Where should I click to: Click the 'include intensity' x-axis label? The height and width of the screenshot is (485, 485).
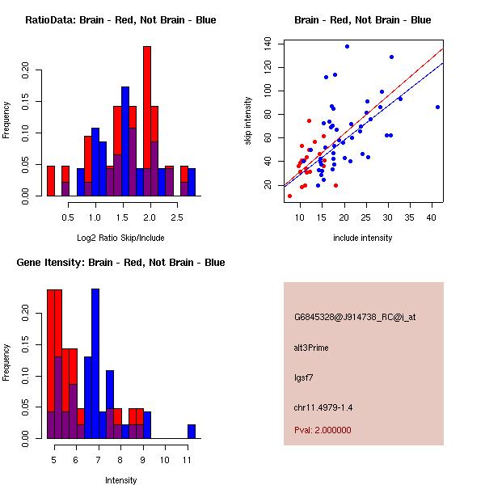(x=362, y=238)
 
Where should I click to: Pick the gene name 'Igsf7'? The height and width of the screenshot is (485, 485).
(x=303, y=377)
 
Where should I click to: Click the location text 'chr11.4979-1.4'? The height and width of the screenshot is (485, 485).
(x=323, y=407)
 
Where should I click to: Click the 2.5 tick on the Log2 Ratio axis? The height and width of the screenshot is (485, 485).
(x=178, y=217)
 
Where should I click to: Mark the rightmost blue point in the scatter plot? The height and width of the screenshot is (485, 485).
(x=437, y=107)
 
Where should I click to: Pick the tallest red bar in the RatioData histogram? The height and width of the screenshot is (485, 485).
(x=147, y=121)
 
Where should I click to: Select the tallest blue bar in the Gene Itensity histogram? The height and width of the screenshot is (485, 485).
(x=95, y=364)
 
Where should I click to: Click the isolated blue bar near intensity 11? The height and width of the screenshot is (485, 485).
(x=192, y=431)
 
